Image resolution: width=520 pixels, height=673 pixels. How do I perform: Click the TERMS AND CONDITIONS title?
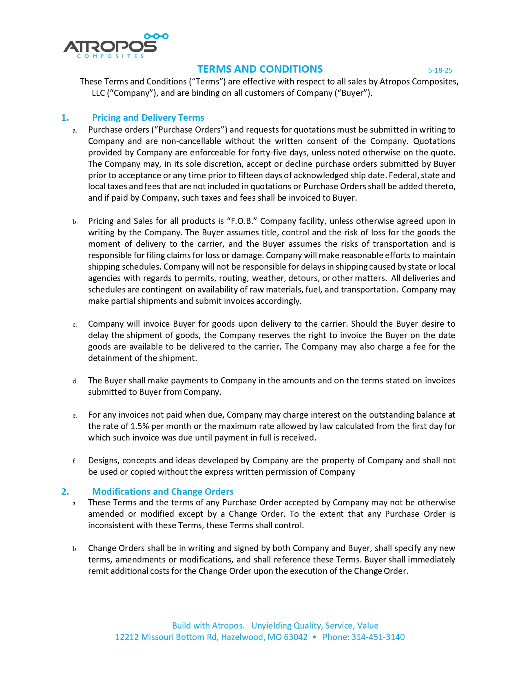point(260,69)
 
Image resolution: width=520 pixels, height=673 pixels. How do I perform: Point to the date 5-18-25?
point(440,70)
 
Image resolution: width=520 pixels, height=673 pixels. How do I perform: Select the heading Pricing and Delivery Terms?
point(148,118)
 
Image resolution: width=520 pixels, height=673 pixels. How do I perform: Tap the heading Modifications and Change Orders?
point(163,491)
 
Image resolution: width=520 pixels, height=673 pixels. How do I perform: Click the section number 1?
point(65,118)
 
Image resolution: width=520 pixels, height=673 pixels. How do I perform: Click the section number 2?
point(65,491)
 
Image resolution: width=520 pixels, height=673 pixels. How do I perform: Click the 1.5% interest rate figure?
point(139,426)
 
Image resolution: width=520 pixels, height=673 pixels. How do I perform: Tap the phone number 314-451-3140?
point(378,637)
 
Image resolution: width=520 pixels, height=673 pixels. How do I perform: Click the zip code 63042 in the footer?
point(296,637)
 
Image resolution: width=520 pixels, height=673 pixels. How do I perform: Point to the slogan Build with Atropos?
point(208,626)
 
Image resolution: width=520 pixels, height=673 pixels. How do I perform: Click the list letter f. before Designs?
point(75,461)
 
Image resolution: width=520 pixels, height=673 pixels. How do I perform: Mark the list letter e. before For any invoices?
point(75,416)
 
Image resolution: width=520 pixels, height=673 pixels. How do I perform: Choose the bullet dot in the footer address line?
point(314,637)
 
